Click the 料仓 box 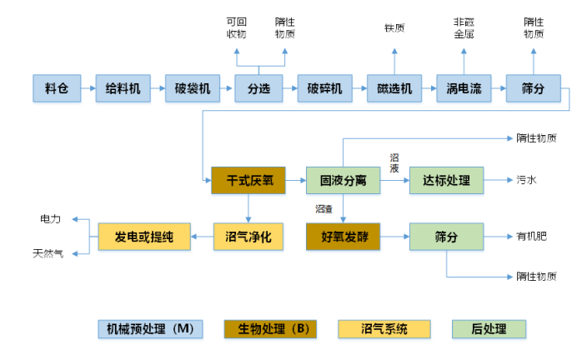point(57,88)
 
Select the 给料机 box point(123,88)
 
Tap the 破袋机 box point(193,88)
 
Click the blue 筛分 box point(533,88)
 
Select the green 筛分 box point(446,237)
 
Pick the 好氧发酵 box point(344,237)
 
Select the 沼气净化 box point(248,237)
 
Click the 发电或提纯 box point(144,237)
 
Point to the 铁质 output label point(394,28)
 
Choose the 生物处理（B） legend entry point(273,329)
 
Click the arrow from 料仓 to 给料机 point(87,88)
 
